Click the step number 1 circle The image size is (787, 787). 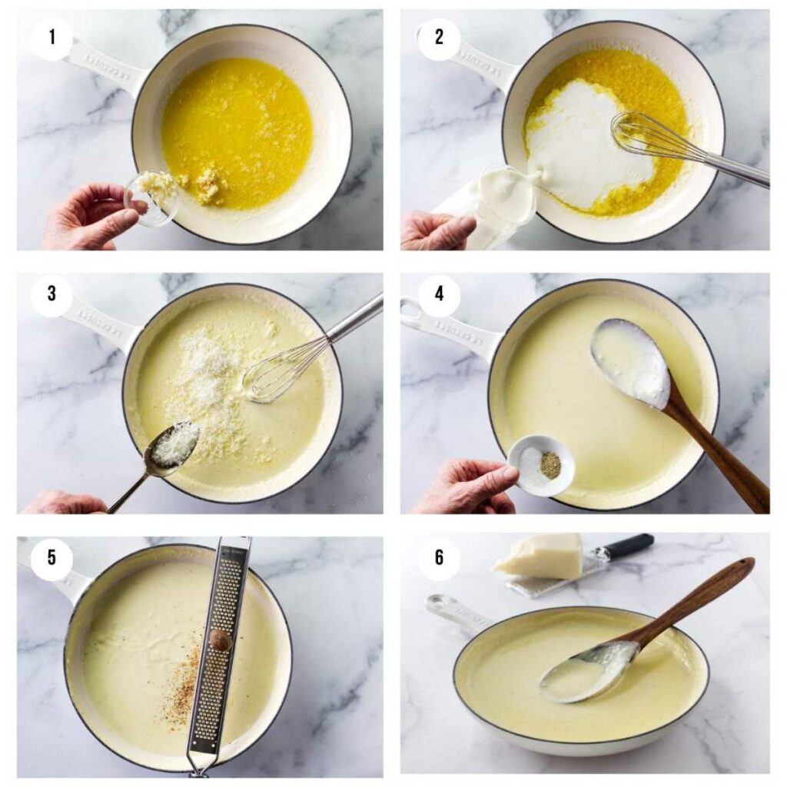[x=52, y=35]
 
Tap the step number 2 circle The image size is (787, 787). [x=439, y=35]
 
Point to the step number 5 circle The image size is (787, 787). [x=52, y=557]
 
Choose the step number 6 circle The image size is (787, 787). [x=439, y=557]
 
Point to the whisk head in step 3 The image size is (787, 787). [x=281, y=373]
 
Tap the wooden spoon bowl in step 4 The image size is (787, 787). [x=630, y=361]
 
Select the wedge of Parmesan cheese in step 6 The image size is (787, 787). [x=541, y=555]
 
